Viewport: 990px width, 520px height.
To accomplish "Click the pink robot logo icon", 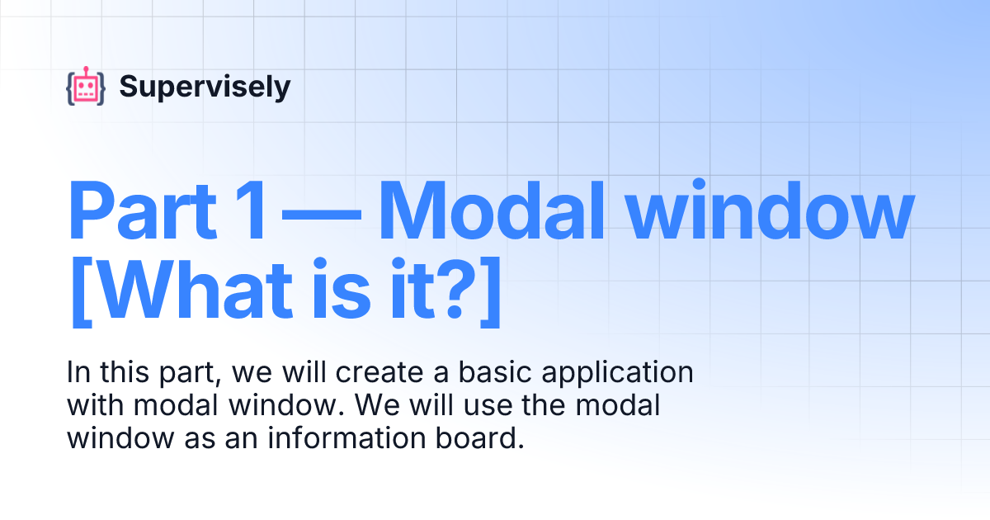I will (86, 87).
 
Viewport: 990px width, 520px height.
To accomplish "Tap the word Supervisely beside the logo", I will (205, 86).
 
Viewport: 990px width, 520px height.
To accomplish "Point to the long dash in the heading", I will (319, 212).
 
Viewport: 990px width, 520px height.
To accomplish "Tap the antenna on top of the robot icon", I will (86, 69).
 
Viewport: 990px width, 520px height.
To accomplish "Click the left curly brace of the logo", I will (70, 88).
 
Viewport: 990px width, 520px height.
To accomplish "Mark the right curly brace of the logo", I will (101, 88).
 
